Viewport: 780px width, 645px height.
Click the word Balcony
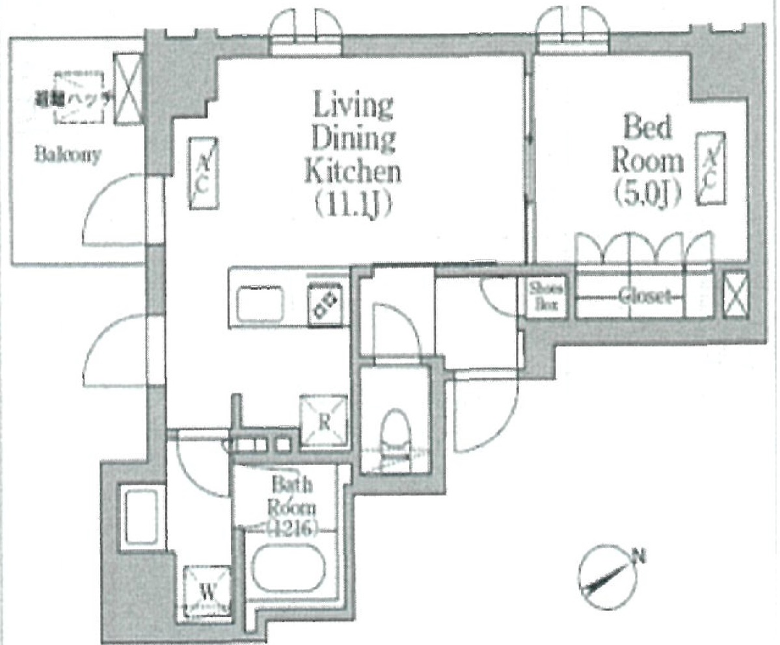click(x=68, y=156)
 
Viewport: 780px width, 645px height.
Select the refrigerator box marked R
click(x=323, y=421)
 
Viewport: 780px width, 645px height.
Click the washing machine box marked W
click(x=208, y=591)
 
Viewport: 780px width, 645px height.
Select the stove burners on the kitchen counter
click(x=325, y=304)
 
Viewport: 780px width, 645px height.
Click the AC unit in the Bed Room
click(x=712, y=167)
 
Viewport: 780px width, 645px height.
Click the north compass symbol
click(x=607, y=577)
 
